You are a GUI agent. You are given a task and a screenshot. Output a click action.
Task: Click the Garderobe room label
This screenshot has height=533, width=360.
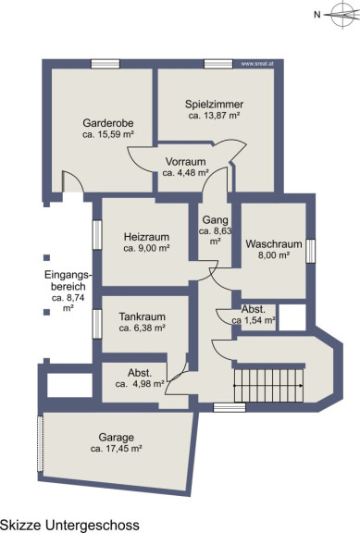[108, 123]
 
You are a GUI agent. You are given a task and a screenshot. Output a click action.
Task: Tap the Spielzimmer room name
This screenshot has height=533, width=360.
[214, 104]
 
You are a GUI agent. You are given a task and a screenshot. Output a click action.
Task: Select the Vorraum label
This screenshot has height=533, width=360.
[186, 161]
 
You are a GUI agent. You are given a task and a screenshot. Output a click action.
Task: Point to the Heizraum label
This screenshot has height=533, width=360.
[146, 237]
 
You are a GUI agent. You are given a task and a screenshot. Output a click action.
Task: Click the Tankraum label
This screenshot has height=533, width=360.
[143, 316]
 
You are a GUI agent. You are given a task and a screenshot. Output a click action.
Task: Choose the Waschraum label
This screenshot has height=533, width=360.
[274, 243]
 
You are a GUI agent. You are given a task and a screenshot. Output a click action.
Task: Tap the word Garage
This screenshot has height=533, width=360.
[117, 437]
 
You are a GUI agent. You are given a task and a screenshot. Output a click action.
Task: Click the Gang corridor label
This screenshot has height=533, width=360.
[216, 220]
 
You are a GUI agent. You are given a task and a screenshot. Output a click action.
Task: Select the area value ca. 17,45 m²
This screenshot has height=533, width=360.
[117, 449]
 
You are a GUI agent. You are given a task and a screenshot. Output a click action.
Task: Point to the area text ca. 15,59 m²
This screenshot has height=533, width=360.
[108, 134]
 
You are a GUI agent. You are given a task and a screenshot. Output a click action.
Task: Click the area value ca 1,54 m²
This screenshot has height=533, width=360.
[254, 320]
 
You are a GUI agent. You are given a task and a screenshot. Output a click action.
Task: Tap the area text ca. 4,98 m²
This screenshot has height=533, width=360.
[140, 384]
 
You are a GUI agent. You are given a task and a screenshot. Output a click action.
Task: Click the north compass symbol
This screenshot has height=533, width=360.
[342, 15]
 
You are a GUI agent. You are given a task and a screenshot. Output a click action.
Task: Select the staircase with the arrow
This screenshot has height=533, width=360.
[268, 386]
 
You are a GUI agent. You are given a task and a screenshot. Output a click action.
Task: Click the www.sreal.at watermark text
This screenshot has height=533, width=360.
[257, 63]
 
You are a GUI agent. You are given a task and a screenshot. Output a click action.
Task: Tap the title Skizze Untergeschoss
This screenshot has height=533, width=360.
[69, 526]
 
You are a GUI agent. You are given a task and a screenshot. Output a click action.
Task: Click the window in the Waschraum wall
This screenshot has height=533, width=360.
[310, 251]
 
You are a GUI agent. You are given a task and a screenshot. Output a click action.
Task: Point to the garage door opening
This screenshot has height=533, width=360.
[40, 443]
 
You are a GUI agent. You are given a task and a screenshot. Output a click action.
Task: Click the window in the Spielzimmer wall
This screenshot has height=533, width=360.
[218, 64]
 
